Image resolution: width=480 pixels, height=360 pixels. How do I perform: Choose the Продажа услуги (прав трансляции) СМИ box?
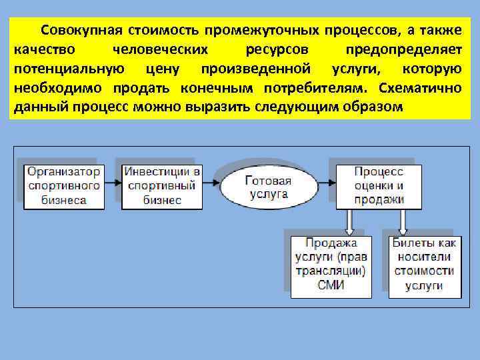click(x=331, y=264)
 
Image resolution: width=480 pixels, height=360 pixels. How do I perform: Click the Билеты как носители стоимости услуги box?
click(x=423, y=264)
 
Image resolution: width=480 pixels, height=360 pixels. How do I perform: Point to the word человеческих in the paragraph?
click(x=160, y=50)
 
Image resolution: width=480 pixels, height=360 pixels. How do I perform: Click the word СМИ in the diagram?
click(x=331, y=286)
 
